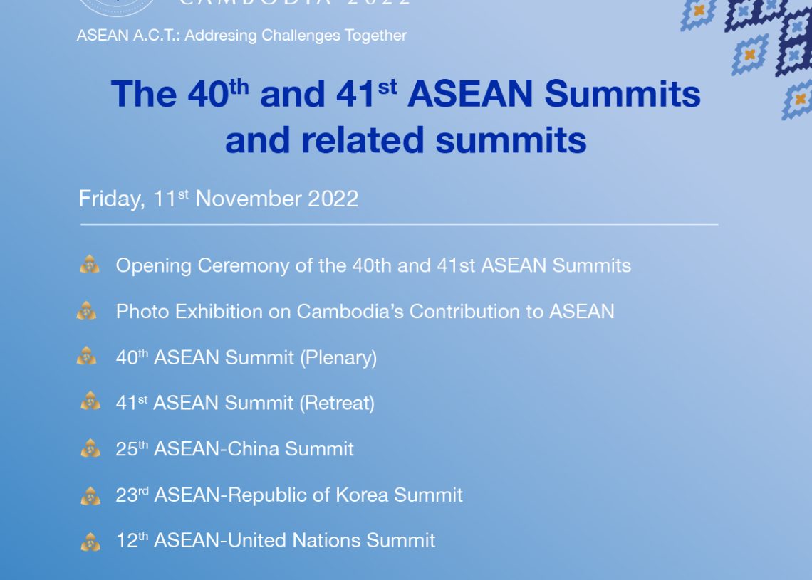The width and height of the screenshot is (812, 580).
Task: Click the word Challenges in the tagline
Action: (301, 36)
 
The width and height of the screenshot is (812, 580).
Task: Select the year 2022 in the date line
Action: (333, 199)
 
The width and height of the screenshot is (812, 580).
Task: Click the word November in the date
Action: (248, 199)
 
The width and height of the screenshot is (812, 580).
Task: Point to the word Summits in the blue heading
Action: (623, 94)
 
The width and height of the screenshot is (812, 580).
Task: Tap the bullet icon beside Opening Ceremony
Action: (90, 265)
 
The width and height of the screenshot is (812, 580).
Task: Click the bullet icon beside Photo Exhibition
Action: (86, 310)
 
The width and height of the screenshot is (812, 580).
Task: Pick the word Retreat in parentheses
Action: (337, 403)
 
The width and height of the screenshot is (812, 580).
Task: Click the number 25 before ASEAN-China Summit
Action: (126, 450)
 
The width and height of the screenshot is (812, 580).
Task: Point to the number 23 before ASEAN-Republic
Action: (126, 495)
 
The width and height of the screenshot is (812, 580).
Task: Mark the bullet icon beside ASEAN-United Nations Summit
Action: (90, 542)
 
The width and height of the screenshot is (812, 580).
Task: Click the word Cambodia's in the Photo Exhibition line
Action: (350, 312)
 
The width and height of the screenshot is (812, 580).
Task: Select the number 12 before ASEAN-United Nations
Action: (126, 541)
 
